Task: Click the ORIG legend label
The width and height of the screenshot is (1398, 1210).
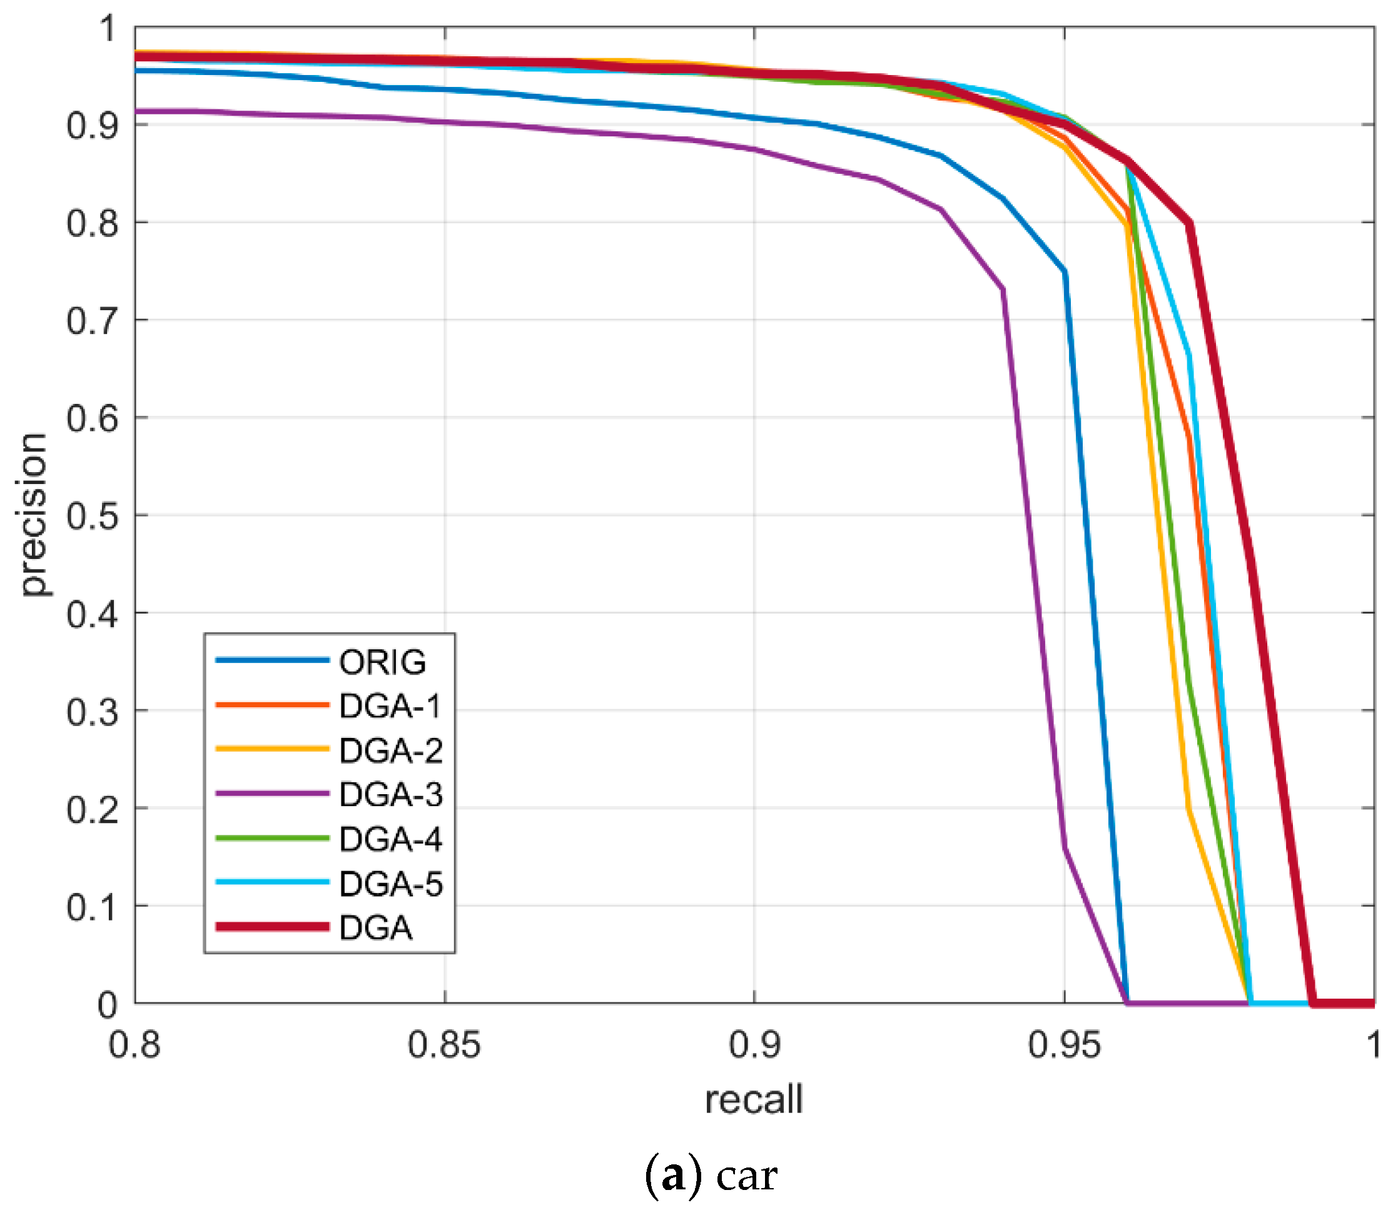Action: click(x=382, y=662)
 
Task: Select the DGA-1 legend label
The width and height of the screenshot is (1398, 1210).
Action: click(x=390, y=706)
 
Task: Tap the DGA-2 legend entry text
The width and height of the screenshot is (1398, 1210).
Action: click(x=390, y=751)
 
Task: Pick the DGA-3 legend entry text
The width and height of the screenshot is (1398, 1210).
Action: click(x=390, y=795)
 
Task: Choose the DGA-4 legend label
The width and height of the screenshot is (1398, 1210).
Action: click(x=390, y=839)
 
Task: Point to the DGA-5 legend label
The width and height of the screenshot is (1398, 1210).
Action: click(x=390, y=884)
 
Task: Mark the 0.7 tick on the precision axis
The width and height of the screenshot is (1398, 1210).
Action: click(x=93, y=321)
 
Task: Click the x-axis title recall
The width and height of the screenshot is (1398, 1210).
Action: click(x=754, y=1100)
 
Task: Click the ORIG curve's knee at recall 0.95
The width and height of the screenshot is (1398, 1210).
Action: click(x=1065, y=272)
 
